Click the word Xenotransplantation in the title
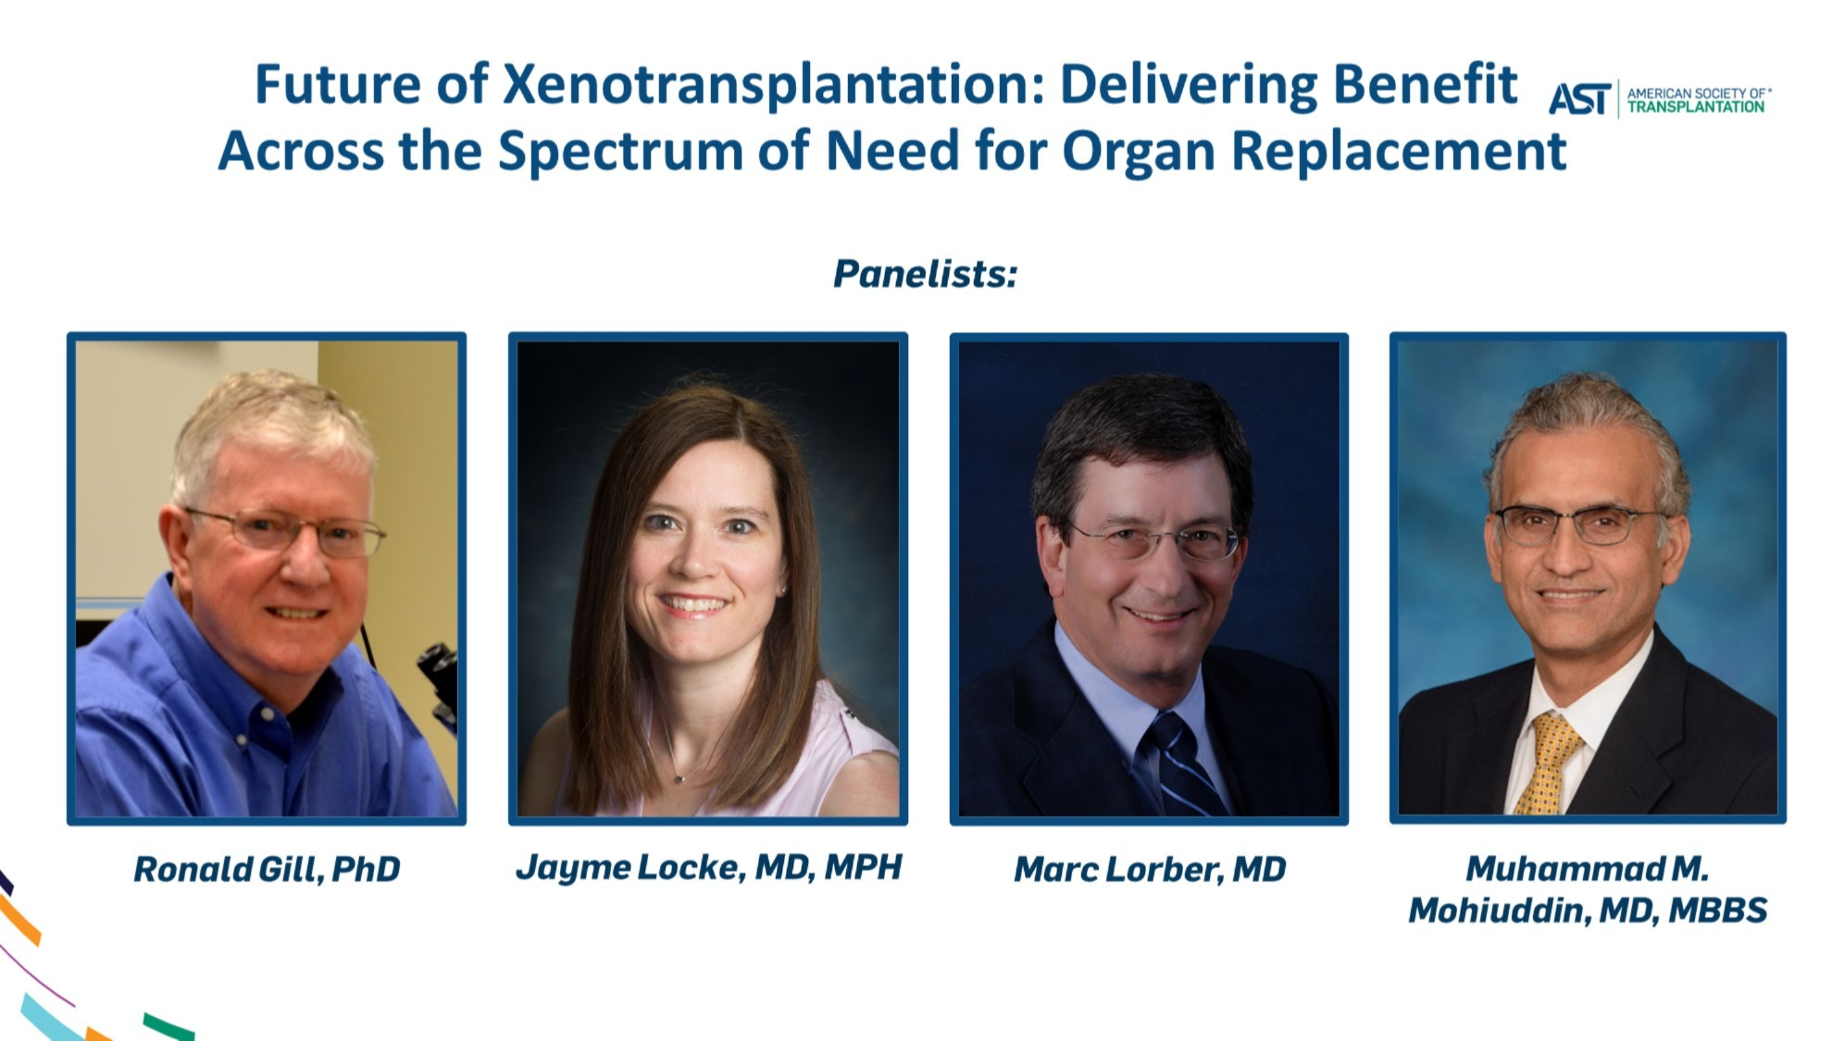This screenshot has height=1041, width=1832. tap(772, 85)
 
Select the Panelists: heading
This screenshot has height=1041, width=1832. tap(925, 274)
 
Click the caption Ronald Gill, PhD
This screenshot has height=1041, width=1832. tap(267, 869)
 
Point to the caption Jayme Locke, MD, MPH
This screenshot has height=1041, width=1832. tap(708, 867)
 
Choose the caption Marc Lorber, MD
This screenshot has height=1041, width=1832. tap(1150, 869)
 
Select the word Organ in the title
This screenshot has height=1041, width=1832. tap(1138, 151)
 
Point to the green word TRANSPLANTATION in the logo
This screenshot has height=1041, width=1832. tap(1696, 107)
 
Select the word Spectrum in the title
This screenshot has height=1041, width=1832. tap(619, 151)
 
